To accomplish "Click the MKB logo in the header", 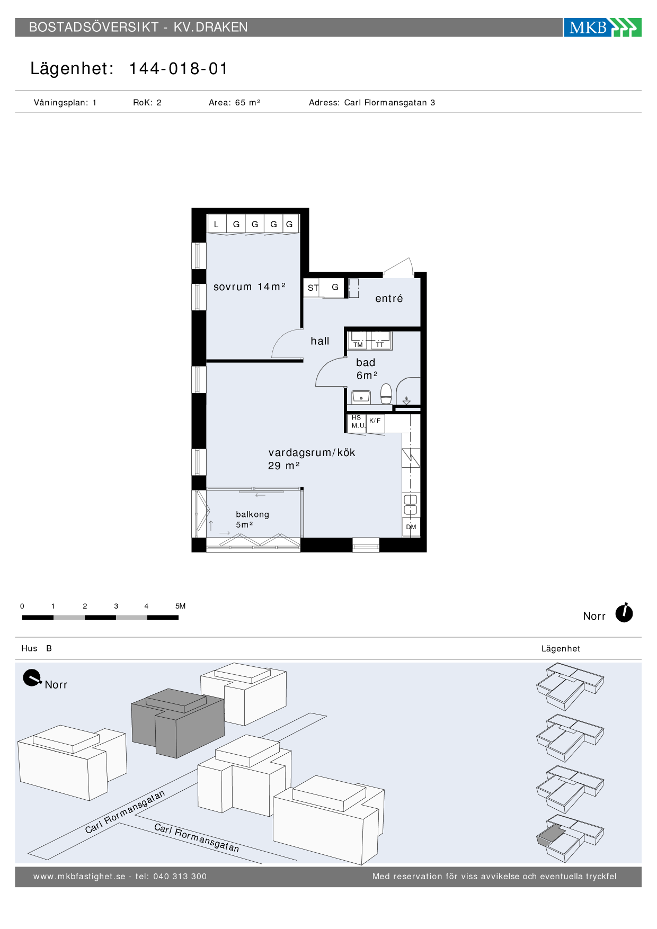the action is [602, 27].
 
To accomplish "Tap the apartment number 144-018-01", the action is [179, 69].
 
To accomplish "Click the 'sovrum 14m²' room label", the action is [250, 287].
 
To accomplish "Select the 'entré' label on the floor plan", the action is [389, 299].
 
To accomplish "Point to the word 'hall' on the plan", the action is [320, 341].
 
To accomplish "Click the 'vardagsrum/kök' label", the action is [312, 453].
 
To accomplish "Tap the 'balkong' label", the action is [252, 514].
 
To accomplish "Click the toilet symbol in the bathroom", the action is [386, 393].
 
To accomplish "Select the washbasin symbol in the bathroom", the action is [361, 396].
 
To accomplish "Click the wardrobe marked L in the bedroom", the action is [216, 224].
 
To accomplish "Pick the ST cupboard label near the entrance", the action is [313, 288].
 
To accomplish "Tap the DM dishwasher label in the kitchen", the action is [411, 527].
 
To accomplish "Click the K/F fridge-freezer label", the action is [375, 421].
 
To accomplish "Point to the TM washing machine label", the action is [358, 345].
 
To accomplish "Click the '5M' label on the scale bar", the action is [181, 606].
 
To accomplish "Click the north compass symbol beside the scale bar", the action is [624, 613].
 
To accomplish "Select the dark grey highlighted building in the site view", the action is [178, 722].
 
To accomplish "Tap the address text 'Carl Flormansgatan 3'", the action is [389, 103].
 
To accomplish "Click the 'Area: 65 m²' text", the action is [234, 103].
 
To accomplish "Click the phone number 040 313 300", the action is [180, 877].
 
